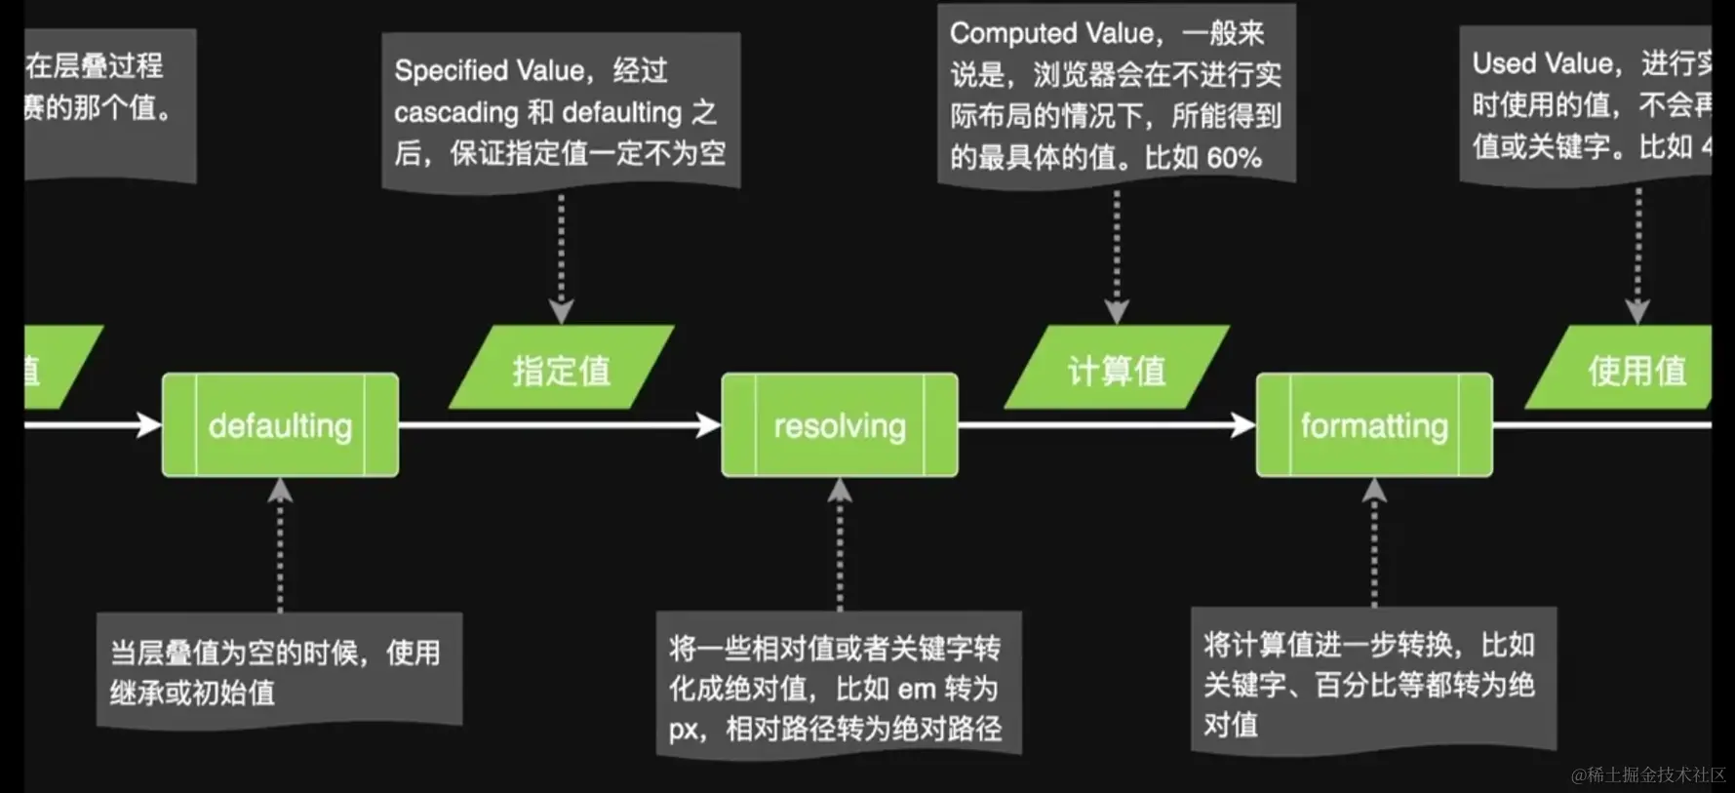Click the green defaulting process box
280,425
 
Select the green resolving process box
839,425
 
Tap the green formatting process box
1373,425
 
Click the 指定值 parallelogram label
561,370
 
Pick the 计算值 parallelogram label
1116,370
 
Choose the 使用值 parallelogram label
1636,370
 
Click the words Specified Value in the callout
488,70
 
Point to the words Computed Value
1052,33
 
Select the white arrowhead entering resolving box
709,424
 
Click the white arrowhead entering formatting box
1243,424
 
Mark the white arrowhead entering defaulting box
149,424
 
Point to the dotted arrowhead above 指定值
561,312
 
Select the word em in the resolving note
916,689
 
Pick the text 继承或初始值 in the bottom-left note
192,693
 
